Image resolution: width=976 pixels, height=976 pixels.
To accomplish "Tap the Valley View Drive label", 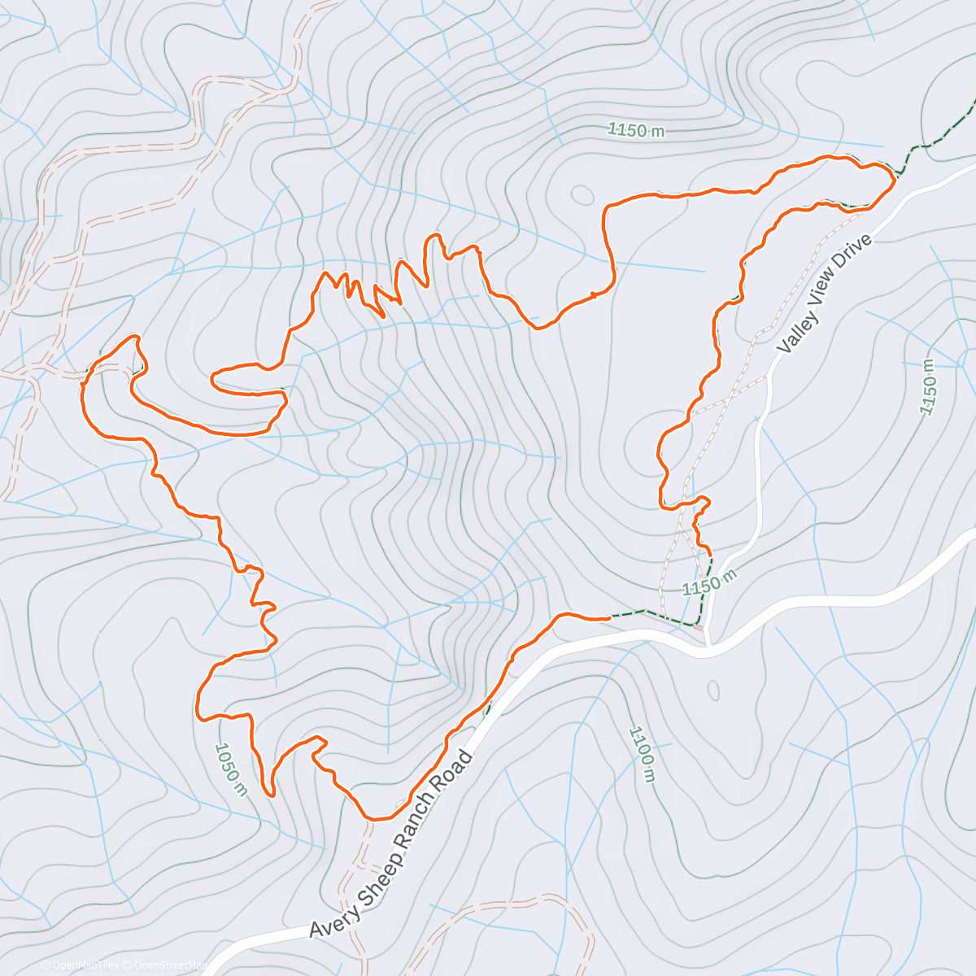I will tap(825, 294).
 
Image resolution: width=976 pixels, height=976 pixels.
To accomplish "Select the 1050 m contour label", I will tap(230, 769).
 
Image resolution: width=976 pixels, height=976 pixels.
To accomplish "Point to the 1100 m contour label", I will tap(643, 755).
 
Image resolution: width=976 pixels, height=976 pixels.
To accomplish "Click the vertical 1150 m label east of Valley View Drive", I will tap(928, 387).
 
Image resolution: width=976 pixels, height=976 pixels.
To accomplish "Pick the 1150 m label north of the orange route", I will tap(635, 130).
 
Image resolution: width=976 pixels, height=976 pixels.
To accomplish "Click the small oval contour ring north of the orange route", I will tap(582, 194).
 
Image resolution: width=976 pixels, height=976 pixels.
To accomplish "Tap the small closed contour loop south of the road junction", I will tap(713, 691).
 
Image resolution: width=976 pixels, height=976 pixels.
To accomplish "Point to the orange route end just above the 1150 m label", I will tap(710, 553).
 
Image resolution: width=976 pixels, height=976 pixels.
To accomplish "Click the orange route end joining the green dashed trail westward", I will tap(608, 618).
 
